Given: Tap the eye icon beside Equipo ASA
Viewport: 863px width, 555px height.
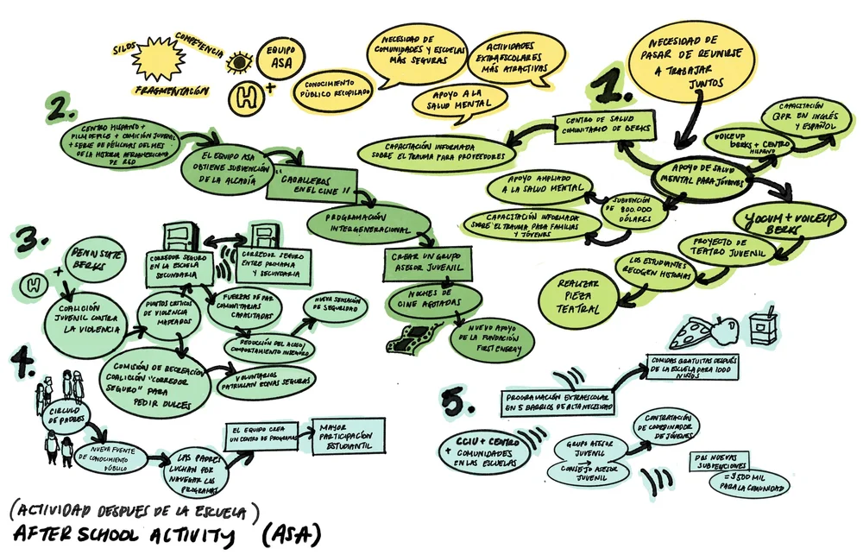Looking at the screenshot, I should [237, 61].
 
